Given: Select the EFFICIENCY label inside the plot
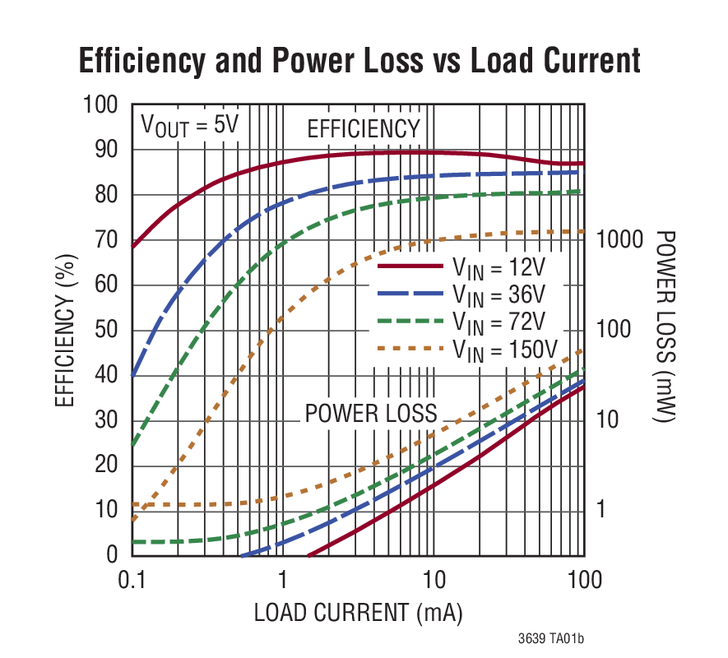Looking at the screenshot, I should pyautogui.click(x=363, y=129).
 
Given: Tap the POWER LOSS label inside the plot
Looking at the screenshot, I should pyautogui.click(x=370, y=413).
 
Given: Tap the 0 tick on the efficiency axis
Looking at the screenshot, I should pyautogui.click(x=113, y=555).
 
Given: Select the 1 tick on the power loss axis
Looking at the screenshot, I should pyautogui.click(x=600, y=510).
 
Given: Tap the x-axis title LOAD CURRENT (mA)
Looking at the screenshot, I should pyautogui.click(x=357, y=613).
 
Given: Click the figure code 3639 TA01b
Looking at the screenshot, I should pyautogui.click(x=556, y=638).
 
